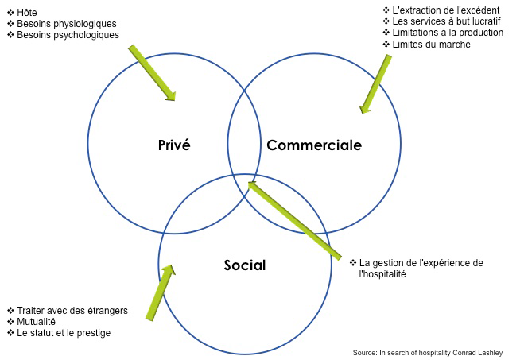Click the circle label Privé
[174, 145]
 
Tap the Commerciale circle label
[313, 145]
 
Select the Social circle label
[244, 265]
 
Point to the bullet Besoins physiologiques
[66, 24]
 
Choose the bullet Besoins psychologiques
[68, 35]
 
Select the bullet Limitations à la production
[448, 33]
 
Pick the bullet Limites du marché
[432, 45]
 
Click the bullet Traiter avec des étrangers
[72, 310]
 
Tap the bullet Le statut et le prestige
[64, 333]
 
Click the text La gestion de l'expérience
[421, 263]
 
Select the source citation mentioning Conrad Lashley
[433, 352]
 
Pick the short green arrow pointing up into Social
[159, 292]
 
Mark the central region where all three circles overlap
[245, 191]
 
